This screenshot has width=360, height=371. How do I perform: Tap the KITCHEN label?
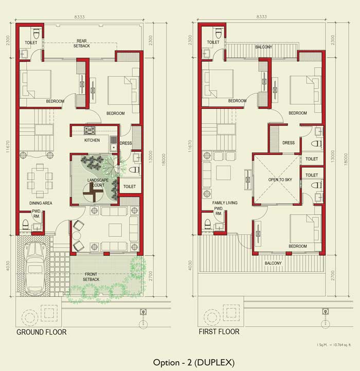(x=92, y=140)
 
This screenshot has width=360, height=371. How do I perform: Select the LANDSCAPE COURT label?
(x=98, y=183)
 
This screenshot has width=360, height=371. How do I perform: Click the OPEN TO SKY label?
(x=280, y=180)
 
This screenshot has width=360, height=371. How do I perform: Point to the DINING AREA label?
(x=41, y=203)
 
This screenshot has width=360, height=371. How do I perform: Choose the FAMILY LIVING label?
(x=225, y=203)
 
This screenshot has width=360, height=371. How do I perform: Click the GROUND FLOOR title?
(x=41, y=332)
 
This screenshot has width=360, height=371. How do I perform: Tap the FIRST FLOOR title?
(x=219, y=332)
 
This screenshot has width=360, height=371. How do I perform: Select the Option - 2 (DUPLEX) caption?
(x=194, y=362)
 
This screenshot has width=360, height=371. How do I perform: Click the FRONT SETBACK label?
(x=91, y=277)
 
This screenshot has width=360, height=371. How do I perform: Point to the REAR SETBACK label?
(x=82, y=43)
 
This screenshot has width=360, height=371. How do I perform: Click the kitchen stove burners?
(x=90, y=130)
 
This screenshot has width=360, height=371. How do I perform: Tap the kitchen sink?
(x=113, y=144)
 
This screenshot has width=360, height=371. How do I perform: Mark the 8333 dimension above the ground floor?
(x=79, y=17)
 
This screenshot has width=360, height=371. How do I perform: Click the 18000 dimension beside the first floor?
(x=346, y=159)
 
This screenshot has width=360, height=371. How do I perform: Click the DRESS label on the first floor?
(x=289, y=143)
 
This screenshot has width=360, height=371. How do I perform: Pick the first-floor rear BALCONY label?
(x=263, y=47)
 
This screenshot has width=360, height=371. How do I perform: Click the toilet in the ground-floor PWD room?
(x=25, y=224)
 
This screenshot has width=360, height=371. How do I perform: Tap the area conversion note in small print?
(x=334, y=345)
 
